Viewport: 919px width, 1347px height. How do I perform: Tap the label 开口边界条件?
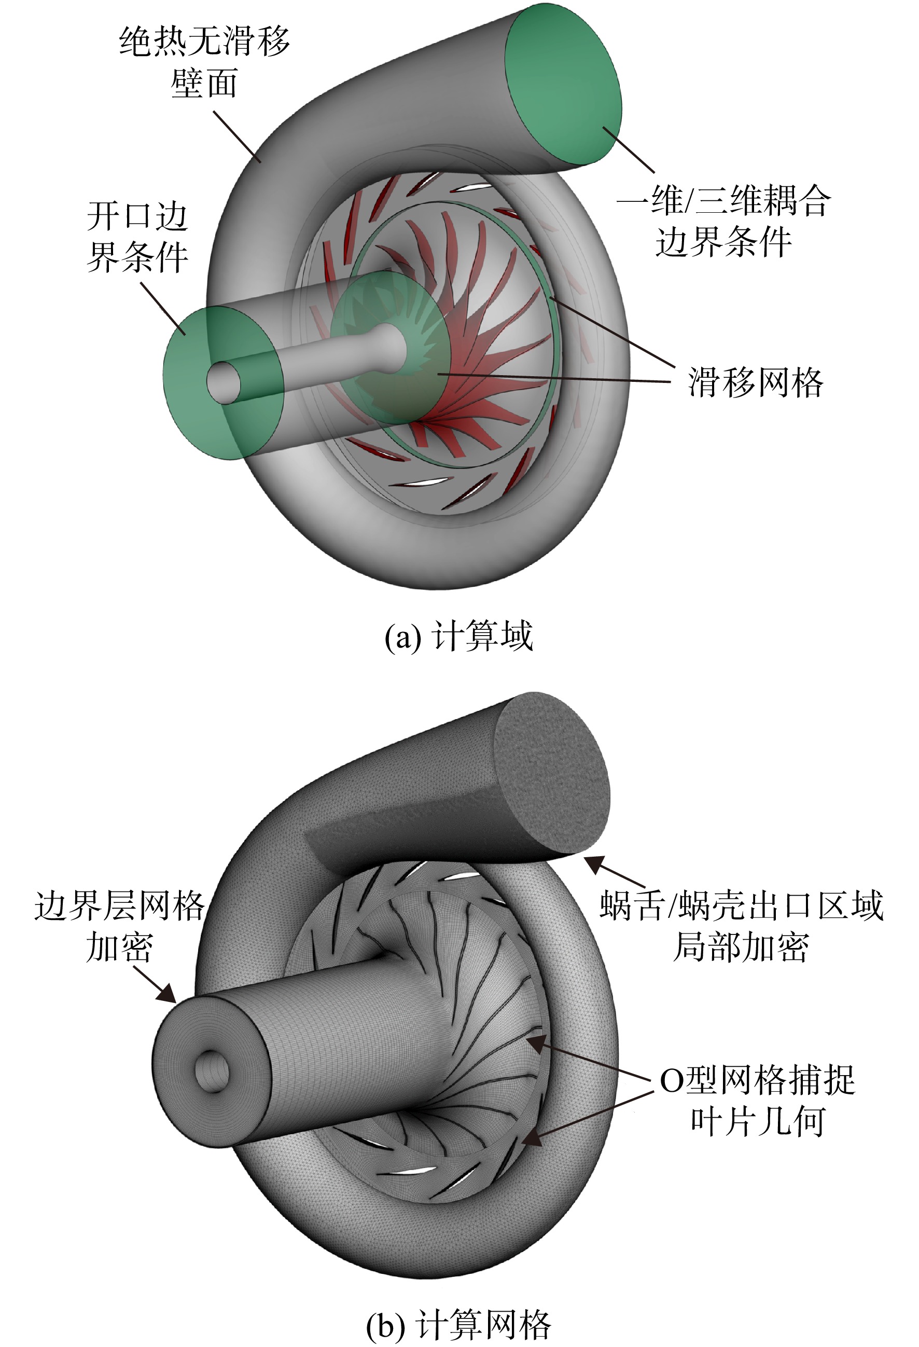[137, 237]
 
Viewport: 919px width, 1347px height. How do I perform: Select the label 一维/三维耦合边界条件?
[723, 220]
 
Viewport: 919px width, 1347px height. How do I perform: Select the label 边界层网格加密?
[119, 926]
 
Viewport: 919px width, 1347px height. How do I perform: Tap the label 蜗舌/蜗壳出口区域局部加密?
[742, 926]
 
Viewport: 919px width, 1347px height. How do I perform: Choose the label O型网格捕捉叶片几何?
[758, 1100]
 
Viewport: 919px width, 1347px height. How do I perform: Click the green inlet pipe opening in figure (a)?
[223, 382]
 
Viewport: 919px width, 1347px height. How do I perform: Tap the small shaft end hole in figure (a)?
[224, 382]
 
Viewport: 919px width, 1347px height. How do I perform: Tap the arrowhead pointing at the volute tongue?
[593, 865]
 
